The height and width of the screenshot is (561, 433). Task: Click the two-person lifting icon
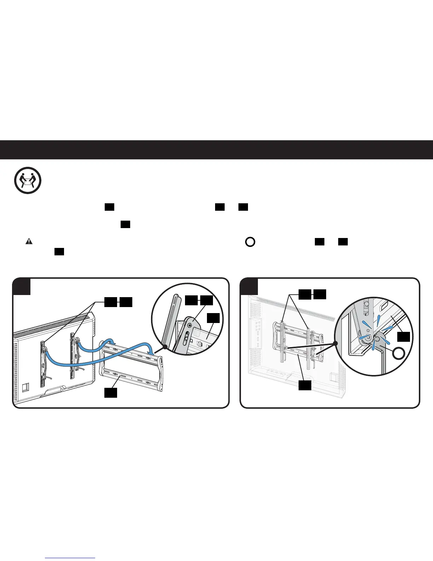(x=28, y=181)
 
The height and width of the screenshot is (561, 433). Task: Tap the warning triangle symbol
(x=29, y=242)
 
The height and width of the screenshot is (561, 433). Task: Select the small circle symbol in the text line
(x=250, y=242)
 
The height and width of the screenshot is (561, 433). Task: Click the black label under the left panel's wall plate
(x=110, y=392)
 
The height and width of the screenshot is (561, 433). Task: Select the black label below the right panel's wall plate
(x=305, y=385)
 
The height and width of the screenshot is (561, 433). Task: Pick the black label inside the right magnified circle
(x=404, y=336)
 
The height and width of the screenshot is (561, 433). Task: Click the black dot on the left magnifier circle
(x=164, y=347)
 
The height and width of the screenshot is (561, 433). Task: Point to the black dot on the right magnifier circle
(x=335, y=343)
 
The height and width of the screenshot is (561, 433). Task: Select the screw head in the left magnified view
(x=190, y=324)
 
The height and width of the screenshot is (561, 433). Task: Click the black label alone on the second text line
(x=126, y=225)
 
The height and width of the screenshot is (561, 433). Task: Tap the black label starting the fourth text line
(x=59, y=252)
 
